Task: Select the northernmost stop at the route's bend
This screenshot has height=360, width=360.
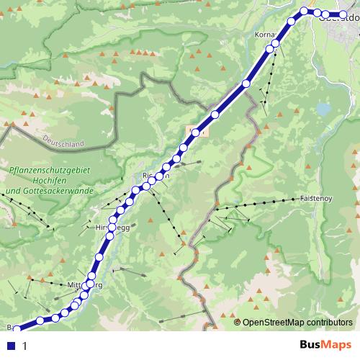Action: click(304, 11)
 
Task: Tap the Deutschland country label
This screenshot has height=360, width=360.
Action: click(63, 140)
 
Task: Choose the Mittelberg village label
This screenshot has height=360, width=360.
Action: click(84, 284)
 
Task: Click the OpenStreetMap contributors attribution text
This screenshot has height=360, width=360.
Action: click(298, 323)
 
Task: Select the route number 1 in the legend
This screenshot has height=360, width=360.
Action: click(24, 346)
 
